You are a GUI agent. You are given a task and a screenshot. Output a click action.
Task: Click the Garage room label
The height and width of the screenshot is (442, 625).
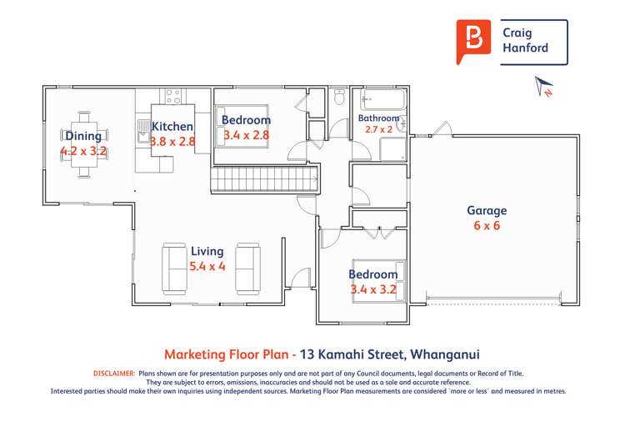coord(486,211)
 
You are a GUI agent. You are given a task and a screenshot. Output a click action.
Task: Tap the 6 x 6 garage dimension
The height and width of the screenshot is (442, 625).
coord(486,225)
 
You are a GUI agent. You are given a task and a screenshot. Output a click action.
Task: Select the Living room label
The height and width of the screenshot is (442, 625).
coord(207,251)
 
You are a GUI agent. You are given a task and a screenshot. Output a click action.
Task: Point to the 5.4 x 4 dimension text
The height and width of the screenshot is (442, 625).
coord(207,267)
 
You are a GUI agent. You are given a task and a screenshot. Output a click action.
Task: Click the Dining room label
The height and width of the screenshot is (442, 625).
coord(83,136)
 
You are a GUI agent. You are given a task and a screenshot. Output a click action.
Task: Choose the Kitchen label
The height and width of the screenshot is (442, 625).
coord(172,126)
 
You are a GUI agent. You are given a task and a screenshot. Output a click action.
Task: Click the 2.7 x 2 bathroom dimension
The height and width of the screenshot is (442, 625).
coord(380,130)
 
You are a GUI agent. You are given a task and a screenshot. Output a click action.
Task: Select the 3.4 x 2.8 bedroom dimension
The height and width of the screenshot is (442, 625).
coord(246,134)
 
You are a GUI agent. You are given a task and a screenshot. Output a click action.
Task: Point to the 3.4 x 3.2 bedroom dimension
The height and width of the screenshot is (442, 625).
coord(372,290)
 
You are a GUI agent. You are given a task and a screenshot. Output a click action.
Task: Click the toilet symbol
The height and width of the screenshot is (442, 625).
coord(338,98)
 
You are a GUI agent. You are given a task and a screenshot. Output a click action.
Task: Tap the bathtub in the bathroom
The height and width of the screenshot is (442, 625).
coord(382,101)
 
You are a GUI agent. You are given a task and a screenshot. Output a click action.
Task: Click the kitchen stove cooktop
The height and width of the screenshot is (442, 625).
coord(173,96)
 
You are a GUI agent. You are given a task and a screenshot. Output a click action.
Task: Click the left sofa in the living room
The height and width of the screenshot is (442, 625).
coord(174,268)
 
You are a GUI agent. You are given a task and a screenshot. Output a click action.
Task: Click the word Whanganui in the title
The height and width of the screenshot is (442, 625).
coord(454,354)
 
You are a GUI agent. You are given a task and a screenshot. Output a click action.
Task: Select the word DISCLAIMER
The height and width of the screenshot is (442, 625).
coord(113,374)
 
